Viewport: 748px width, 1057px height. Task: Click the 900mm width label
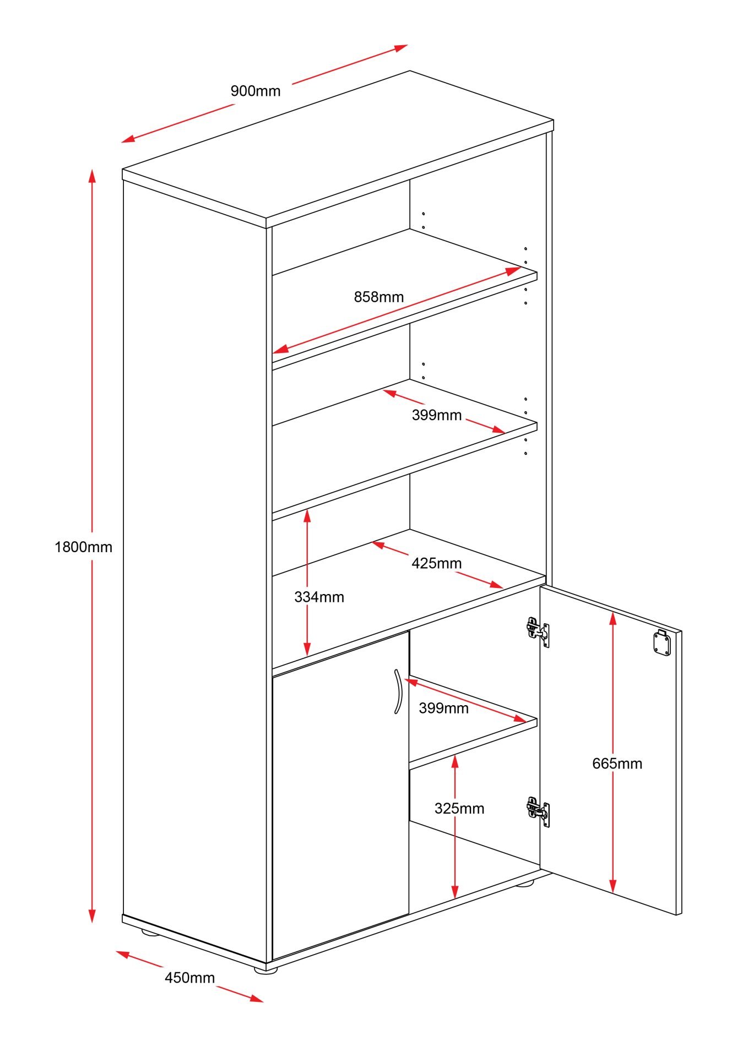255,91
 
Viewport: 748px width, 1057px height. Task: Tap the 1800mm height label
83,547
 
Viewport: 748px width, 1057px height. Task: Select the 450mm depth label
189,977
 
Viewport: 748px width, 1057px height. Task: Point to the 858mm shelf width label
378,297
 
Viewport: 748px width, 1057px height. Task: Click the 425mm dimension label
436,563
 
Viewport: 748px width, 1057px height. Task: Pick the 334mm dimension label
319,597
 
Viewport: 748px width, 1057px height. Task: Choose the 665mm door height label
617,764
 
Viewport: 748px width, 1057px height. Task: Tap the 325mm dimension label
459,808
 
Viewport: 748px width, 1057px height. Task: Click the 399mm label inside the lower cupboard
443,708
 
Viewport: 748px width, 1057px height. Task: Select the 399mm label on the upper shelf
436,415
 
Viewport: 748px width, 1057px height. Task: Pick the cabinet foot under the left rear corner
149,932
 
